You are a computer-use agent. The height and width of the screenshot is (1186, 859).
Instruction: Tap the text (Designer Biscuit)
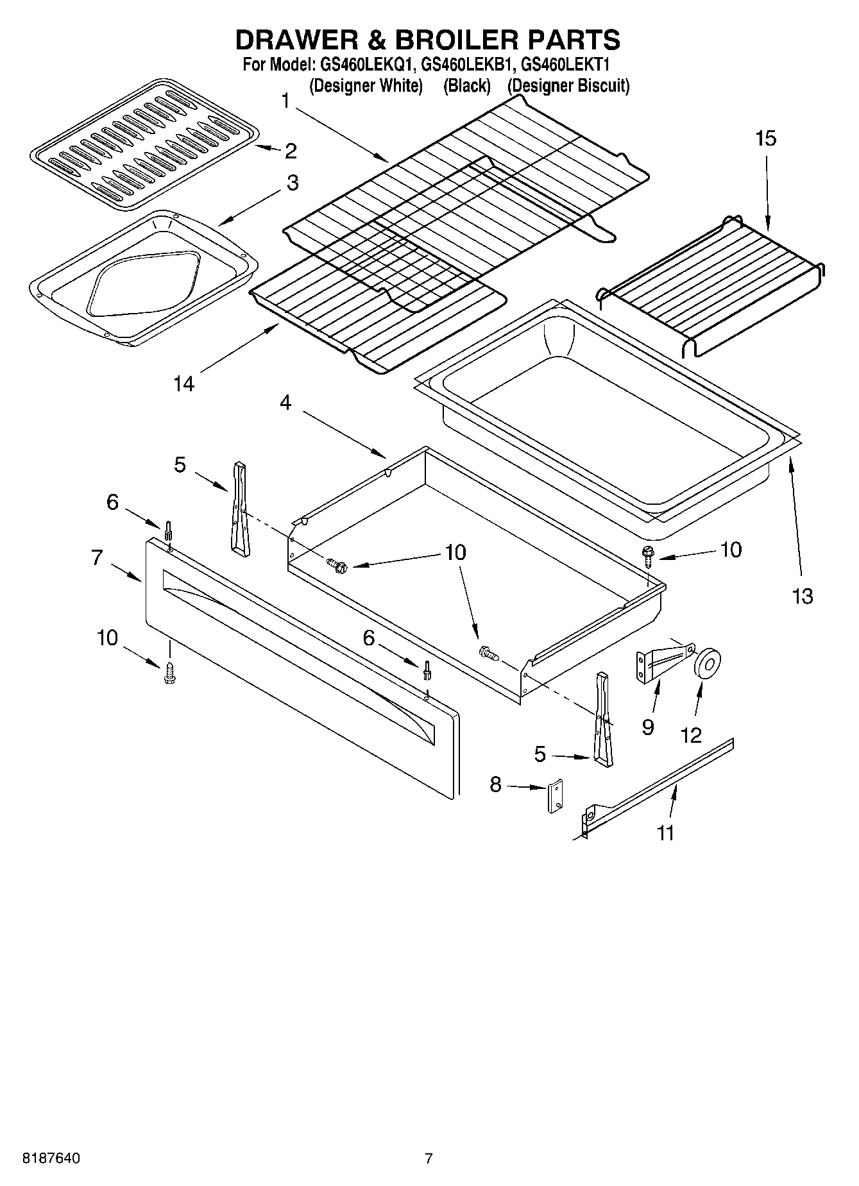pyautogui.click(x=568, y=85)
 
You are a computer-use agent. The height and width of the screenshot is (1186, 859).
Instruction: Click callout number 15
pyautogui.click(x=765, y=138)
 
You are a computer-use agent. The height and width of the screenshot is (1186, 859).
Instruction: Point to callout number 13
pyautogui.click(x=803, y=597)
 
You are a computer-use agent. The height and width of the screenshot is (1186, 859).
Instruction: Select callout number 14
pyautogui.click(x=183, y=384)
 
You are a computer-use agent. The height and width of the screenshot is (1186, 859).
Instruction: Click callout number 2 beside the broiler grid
pyautogui.click(x=291, y=151)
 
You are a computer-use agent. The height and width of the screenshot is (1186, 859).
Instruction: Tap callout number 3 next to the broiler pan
pyautogui.click(x=292, y=183)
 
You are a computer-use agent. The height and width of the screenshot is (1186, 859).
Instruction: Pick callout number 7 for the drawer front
pyautogui.click(x=97, y=557)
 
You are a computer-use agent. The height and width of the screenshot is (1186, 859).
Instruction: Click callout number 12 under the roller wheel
pyautogui.click(x=691, y=734)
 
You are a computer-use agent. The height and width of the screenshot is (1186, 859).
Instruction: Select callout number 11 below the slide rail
pyautogui.click(x=666, y=833)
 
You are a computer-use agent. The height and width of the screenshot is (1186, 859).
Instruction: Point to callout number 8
pyautogui.click(x=495, y=784)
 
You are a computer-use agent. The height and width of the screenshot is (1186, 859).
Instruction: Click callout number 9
pyautogui.click(x=647, y=727)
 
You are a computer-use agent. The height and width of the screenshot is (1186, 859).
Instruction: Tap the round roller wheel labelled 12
pyautogui.click(x=708, y=663)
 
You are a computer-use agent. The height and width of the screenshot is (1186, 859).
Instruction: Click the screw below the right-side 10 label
pyautogui.click(x=647, y=555)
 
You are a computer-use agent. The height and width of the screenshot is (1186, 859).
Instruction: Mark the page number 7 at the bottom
pyautogui.click(x=429, y=1158)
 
